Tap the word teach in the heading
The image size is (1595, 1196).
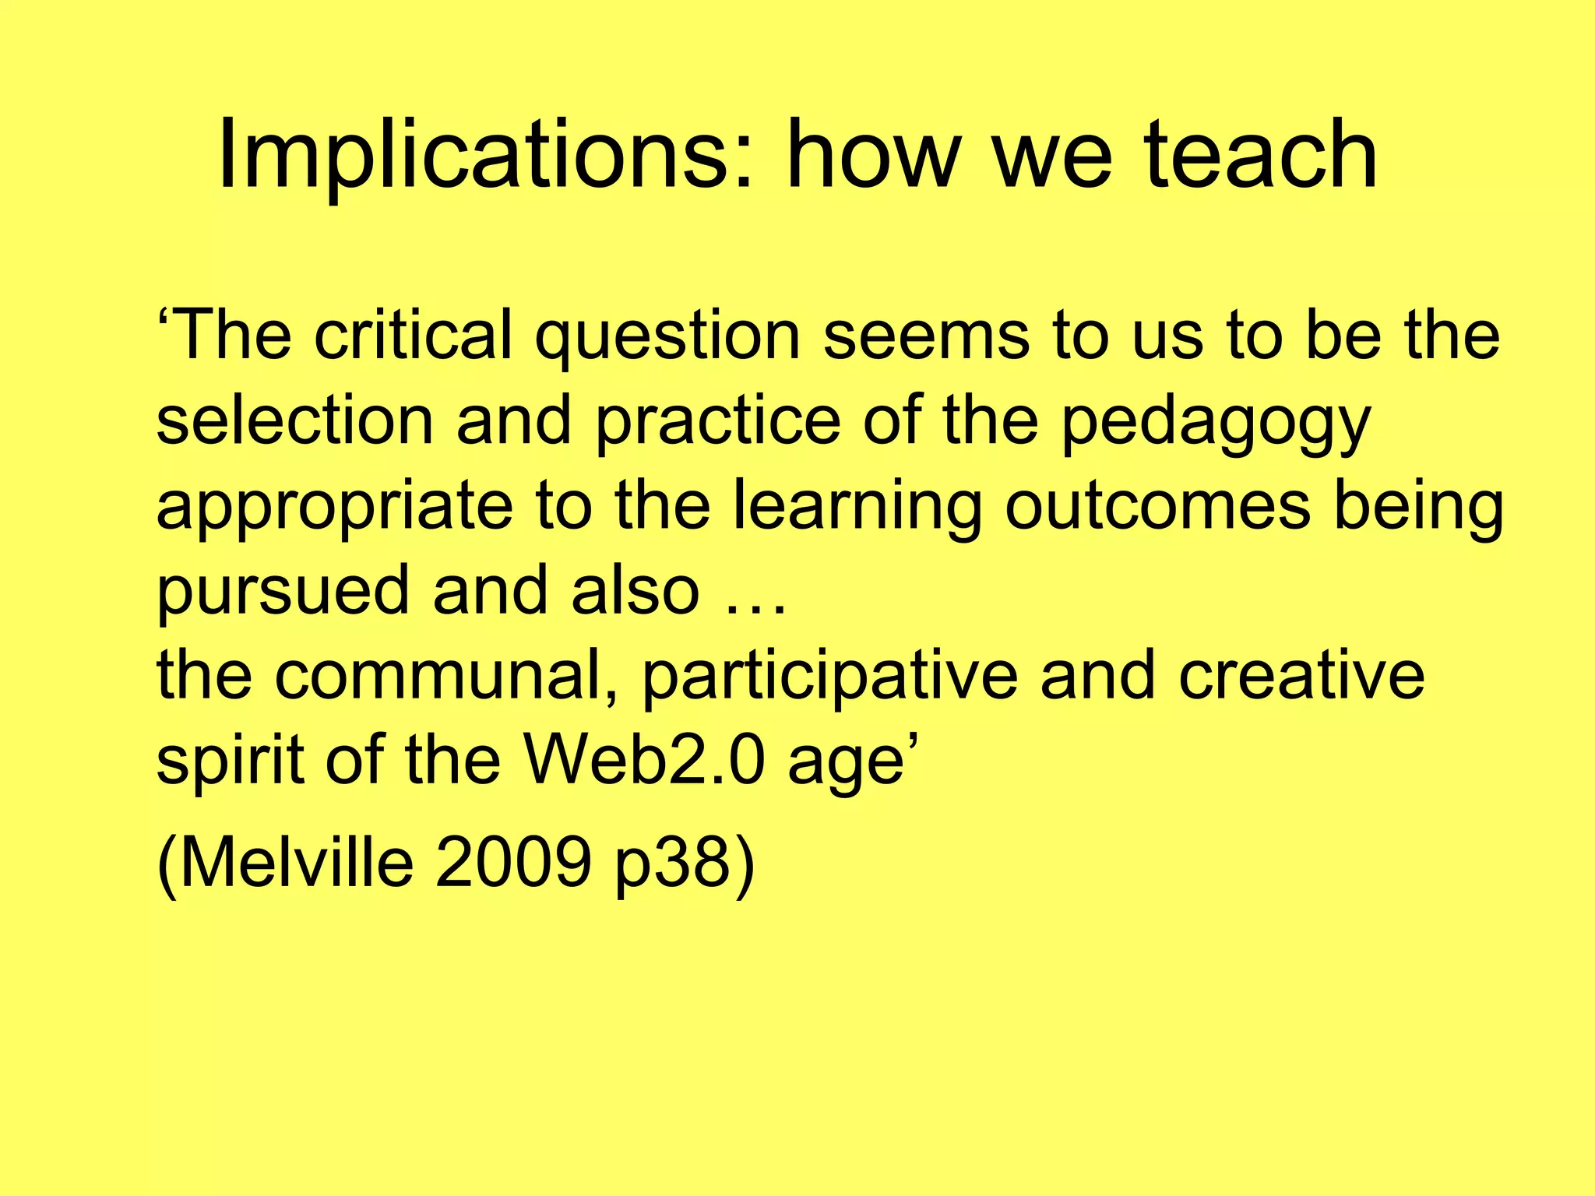tap(1262, 156)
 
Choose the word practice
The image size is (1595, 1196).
tap(718, 420)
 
